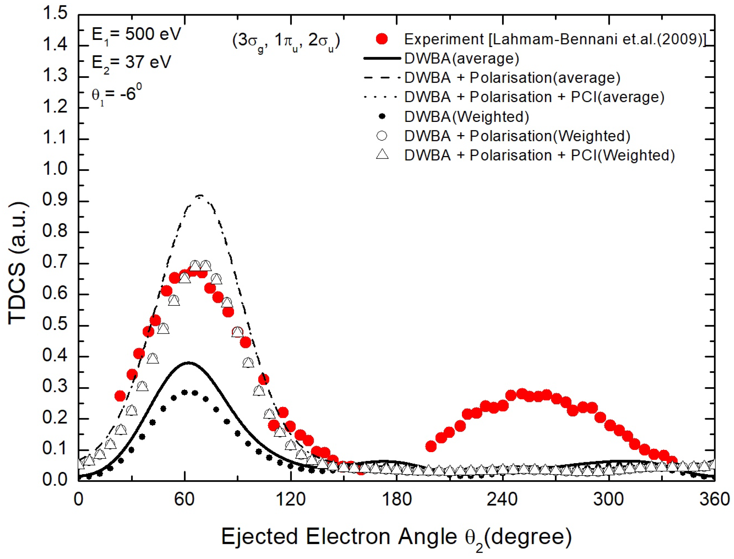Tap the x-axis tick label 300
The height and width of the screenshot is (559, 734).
pyautogui.click(x=609, y=499)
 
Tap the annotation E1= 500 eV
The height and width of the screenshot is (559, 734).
pyautogui.click(x=136, y=35)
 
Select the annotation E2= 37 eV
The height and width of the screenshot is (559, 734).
pyautogui.click(x=131, y=63)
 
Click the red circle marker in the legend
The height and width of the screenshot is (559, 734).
pyautogui.click(x=382, y=39)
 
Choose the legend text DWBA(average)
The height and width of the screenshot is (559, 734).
pyautogui.click(x=462, y=58)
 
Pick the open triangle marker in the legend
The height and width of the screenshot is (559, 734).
pyautogui.click(x=382, y=154)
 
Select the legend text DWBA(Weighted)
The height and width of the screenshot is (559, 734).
pyautogui.click(x=467, y=117)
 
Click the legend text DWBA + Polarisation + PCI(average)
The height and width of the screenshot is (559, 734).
pyautogui.click(x=534, y=97)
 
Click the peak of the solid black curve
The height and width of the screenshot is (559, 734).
pyautogui.click(x=189, y=363)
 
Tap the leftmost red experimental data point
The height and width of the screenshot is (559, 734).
pyautogui.click(x=120, y=396)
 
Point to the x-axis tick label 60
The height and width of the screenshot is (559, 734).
pyautogui.click(x=184, y=499)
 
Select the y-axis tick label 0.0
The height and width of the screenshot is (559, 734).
pyautogui.click(x=55, y=480)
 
